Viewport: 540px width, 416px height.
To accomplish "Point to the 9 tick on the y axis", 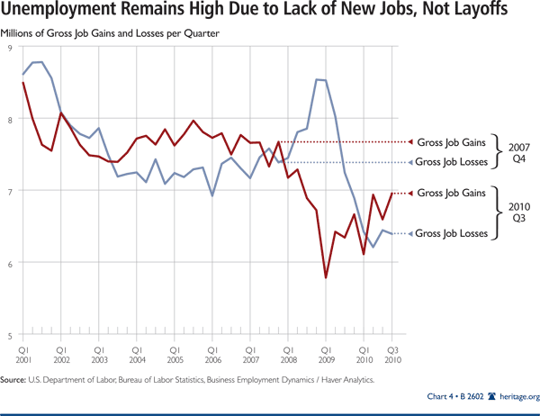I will coord(9,46).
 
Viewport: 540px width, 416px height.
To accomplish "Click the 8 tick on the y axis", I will coord(9,119).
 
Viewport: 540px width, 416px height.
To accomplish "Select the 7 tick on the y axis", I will coord(9,191).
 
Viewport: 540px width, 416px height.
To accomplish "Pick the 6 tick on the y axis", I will coord(9,263).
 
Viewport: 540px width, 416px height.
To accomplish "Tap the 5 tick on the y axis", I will coord(9,335).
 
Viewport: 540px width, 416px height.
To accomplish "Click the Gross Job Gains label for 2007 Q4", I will coord(451,141).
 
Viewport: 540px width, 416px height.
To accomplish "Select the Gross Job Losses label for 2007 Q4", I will coord(453,162).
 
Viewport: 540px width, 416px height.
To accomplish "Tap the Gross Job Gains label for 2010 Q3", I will coord(451,193).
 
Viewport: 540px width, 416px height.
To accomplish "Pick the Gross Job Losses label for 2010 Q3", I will coord(453,233).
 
